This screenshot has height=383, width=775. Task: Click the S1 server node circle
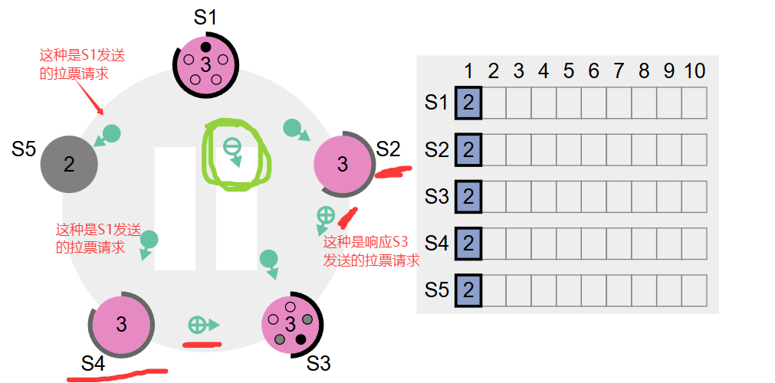pyautogui.click(x=205, y=64)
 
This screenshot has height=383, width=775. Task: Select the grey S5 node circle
pyautogui.click(x=69, y=164)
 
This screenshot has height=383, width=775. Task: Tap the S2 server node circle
pyautogui.click(x=343, y=164)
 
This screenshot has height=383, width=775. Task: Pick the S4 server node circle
pyautogui.click(x=121, y=324)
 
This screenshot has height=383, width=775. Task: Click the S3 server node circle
pyautogui.click(x=291, y=324)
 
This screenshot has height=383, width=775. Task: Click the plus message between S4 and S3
pyautogui.click(x=198, y=325)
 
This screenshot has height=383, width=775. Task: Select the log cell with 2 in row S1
pyautogui.click(x=468, y=103)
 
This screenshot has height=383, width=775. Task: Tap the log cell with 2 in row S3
pyautogui.click(x=468, y=196)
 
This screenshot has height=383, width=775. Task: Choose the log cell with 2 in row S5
pyautogui.click(x=468, y=290)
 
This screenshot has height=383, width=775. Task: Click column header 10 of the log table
pyautogui.click(x=694, y=71)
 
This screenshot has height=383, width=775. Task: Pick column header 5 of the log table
pyautogui.click(x=568, y=71)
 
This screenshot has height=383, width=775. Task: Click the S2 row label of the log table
pyautogui.click(x=436, y=149)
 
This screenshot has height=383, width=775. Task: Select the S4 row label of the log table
pyautogui.click(x=436, y=244)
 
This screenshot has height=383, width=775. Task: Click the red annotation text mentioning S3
pyautogui.click(x=371, y=253)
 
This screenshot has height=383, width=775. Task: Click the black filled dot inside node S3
pyautogui.click(x=300, y=339)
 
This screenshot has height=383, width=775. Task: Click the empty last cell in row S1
pyautogui.click(x=694, y=103)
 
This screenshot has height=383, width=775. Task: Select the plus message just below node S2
pyautogui.click(x=325, y=215)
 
